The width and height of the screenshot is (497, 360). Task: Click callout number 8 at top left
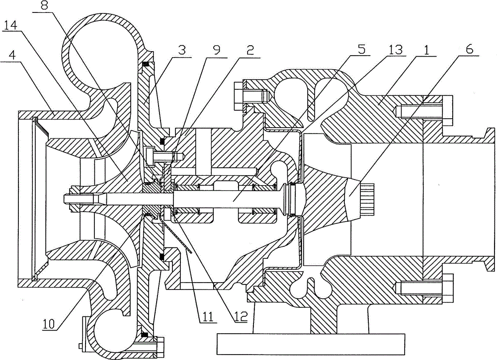44,7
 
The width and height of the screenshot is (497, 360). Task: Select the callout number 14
11,25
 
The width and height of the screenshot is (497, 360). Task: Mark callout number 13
394,50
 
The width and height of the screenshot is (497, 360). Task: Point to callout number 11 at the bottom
207,316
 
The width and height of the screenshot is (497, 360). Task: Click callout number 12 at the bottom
241,317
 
